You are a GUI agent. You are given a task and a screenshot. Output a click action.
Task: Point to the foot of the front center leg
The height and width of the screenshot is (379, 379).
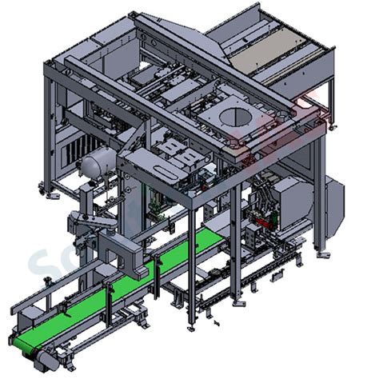[x=192, y=326]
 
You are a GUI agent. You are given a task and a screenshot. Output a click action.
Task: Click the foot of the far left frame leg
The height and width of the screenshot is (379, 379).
[x=47, y=190]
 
